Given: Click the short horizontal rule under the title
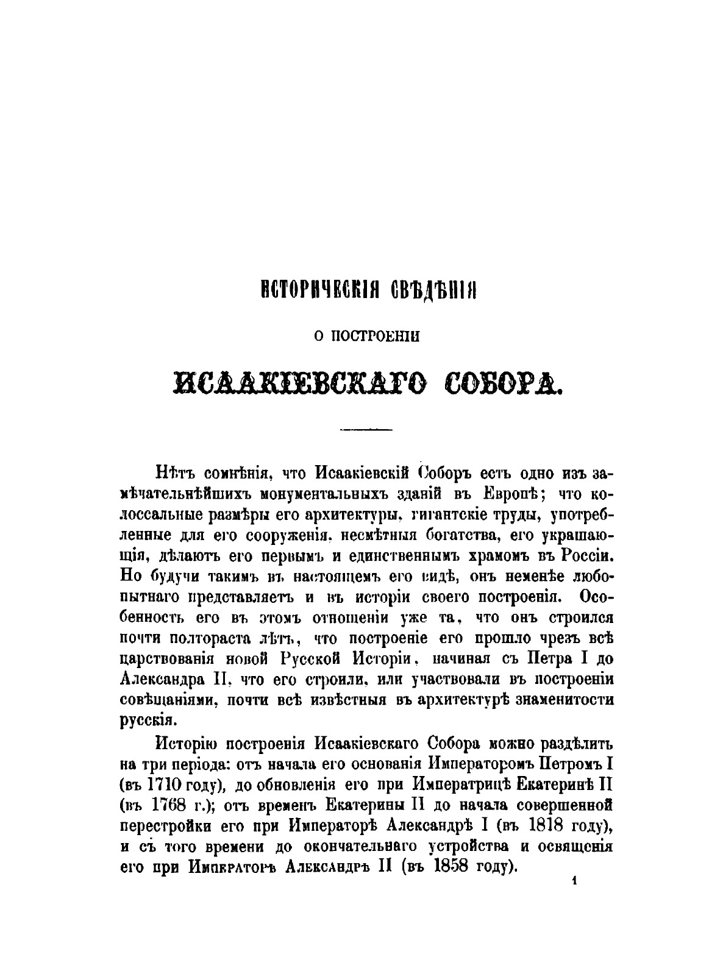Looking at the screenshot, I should (x=366, y=430).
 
